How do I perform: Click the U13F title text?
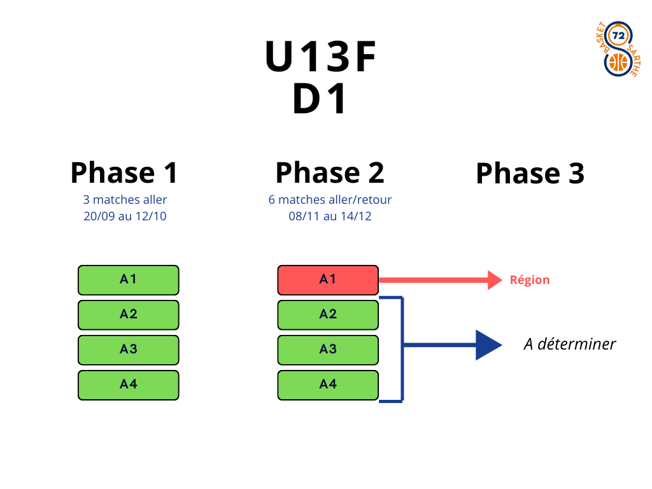(x=321, y=57)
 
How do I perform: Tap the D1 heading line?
(x=321, y=100)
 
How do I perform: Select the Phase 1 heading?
(x=124, y=173)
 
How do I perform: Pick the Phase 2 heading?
(x=330, y=173)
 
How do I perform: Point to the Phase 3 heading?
(x=530, y=173)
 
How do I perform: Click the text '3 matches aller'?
(x=125, y=200)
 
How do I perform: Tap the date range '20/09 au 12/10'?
(x=125, y=216)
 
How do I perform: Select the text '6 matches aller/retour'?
(x=330, y=200)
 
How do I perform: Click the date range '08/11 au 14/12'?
(x=330, y=216)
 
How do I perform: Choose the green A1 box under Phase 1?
(x=129, y=280)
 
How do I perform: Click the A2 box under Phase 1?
(x=129, y=315)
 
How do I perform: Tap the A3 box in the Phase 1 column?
(x=129, y=350)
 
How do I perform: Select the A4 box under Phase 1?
(x=129, y=385)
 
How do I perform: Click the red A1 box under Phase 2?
(x=328, y=280)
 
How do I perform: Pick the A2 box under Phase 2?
(x=328, y=315)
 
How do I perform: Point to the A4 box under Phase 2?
(x=328, y=385)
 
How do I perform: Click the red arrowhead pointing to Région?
(x=495, y=280)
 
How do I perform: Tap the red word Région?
(x=530, y=280)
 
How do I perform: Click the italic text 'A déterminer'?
(x=570, y=344)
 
